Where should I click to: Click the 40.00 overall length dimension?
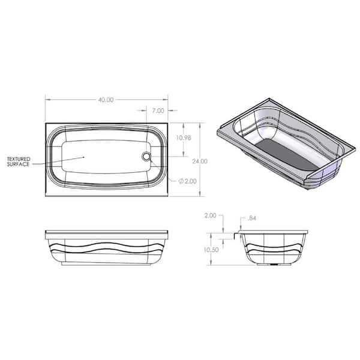(x=106, y=100)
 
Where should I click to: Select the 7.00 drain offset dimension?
(x=158, y=110)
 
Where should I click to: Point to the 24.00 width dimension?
(x=200, y=161)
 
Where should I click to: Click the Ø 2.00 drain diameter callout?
(x=187, y=181)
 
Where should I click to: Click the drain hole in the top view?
(x=146, y=157)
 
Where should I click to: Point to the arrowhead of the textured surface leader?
(x=85, y=157)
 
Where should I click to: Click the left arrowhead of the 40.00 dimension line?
(x=47, y=100)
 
